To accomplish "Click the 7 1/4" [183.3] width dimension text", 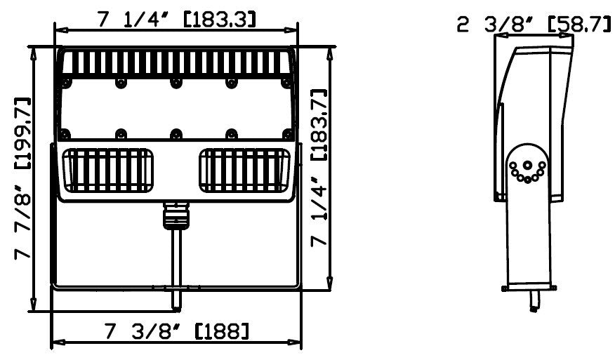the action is click(176, 19).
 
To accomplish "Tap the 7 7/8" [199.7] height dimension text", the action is click(22, 178).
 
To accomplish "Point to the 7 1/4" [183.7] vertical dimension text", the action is click(319, 168).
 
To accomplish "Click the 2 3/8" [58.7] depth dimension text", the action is click(534, 25).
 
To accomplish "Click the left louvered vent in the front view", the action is click(108, 171).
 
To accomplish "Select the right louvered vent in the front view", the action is click(244, 171).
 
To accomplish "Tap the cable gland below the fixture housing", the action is click(176, 215).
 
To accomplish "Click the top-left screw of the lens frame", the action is click(66, 83).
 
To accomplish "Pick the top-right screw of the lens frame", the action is click(286, 83).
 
